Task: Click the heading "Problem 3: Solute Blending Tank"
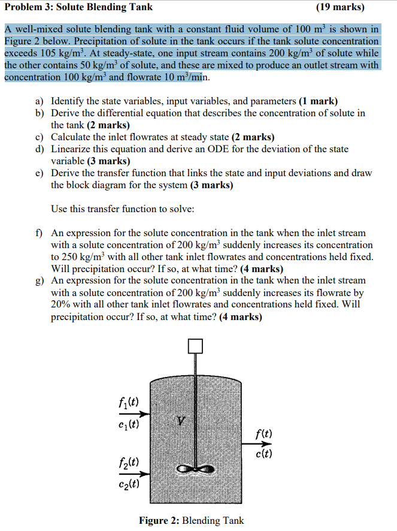tap(78, 7)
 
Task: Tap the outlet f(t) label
tap(264, 433)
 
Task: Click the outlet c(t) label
tap(264, 454)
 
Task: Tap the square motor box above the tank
tap(195, 346)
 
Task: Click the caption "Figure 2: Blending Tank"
tap(191, 520)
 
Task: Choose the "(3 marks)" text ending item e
tap(212, 185)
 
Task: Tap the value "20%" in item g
tap(62, 304)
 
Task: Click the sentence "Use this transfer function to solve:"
tap(122, 209)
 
